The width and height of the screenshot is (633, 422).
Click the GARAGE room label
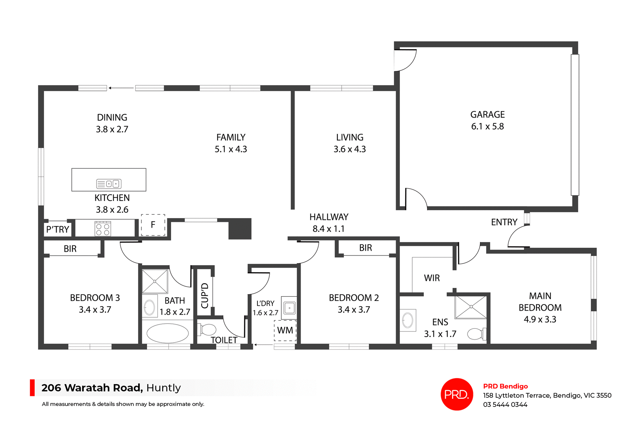487,115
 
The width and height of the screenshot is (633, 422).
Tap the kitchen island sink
109,184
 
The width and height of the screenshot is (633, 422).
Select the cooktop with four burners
103,229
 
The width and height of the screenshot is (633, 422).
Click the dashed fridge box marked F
153,225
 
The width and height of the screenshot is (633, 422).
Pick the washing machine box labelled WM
285,330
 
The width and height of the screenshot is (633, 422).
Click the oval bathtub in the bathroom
167,333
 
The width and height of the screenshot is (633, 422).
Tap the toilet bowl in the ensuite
476,334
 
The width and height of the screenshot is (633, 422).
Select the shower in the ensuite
471,307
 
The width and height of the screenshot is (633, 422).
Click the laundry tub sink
289,308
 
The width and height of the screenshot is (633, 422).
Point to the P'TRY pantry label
58,230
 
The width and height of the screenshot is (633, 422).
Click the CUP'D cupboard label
205,295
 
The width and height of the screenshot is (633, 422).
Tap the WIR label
432,278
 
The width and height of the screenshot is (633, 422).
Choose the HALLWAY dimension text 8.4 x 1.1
328,229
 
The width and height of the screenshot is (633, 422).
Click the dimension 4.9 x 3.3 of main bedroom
540,319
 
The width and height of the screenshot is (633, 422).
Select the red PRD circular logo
457,394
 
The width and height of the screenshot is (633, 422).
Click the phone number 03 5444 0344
505,405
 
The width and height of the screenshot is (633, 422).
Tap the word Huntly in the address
164,388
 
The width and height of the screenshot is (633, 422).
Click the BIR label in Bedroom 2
365,248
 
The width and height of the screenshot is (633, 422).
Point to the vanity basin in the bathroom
149,307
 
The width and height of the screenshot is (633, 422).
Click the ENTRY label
504,222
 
